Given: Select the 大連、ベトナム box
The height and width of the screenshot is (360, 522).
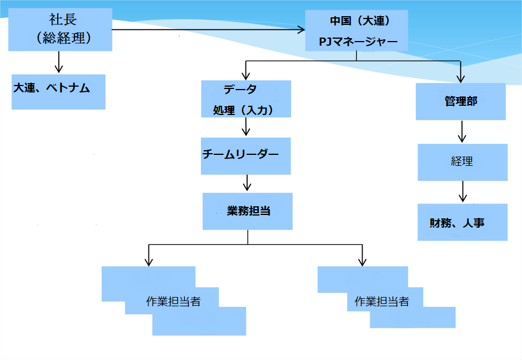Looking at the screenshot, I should click(59, 91).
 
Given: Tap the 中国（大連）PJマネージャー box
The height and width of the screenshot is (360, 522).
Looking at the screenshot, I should click(356, 31).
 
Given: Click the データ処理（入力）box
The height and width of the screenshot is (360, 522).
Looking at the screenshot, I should click(245, 99).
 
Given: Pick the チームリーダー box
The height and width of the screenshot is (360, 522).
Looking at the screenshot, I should click(245, 155).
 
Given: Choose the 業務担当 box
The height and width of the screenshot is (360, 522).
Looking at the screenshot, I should click(248, 211).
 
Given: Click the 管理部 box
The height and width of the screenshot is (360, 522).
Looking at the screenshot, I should click(461, 102).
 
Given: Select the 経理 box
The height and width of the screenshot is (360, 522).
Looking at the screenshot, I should click(462, 162).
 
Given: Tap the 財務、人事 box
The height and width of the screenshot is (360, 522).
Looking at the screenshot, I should click(462, 222).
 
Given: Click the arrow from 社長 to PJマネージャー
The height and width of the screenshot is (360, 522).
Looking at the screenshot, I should click(208, 29).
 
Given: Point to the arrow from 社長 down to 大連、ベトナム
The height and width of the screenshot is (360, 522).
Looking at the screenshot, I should click(59, 61).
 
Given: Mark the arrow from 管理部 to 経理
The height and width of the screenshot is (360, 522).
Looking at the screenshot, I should click(461, 131).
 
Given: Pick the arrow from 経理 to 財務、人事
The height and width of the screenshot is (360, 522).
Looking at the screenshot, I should click(462, 191).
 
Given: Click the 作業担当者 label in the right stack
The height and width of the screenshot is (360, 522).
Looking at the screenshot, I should click(382, 301).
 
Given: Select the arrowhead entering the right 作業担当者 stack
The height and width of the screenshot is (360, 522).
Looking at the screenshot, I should click(362, 261).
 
